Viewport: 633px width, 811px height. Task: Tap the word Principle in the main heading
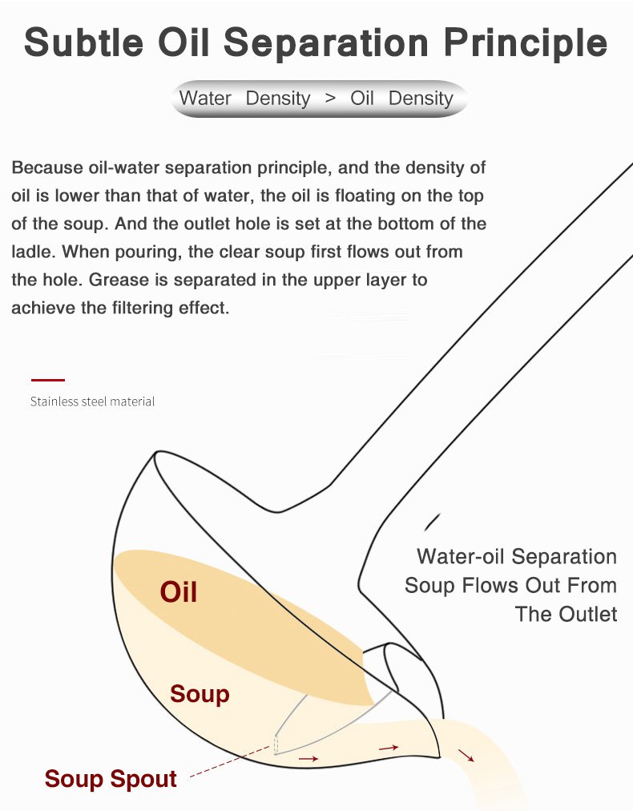pyautogui.click(x=526, y=42)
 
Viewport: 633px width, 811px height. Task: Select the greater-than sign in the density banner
pyautogui.click(x=330, y=98)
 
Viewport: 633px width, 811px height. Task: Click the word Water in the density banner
pyautogui.click(x=205, y=98)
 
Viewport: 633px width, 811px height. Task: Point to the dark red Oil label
pyautogui.click(x=179, y=591)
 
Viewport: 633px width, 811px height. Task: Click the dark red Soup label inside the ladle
pyautogui.click(x=200, y=694)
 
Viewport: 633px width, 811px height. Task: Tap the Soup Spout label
pyautogui.click(x=111, y=779)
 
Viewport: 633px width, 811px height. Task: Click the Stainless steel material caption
pyautogui.click(x=93, y=401)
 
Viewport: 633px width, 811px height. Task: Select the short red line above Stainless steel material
pyautogui.click(x=48, y=380)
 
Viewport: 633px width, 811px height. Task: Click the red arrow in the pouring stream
pyautogui.click(x=466, y=755)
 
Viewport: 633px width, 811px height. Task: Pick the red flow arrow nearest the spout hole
pyautogui.click(x=308, y=759)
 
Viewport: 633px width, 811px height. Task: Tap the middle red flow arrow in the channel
pyautogui.click(x=389, y=748)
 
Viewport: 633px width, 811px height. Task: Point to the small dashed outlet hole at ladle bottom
pyautogui.click(x=276, y=744)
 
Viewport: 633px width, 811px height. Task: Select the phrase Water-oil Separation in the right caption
pyautogui.click(x=517, y=556)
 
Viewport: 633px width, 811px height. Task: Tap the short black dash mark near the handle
pyautogui.click(x=433, y=522)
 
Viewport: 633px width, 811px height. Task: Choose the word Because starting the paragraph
pyautogui.click(x=47, y=167)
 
